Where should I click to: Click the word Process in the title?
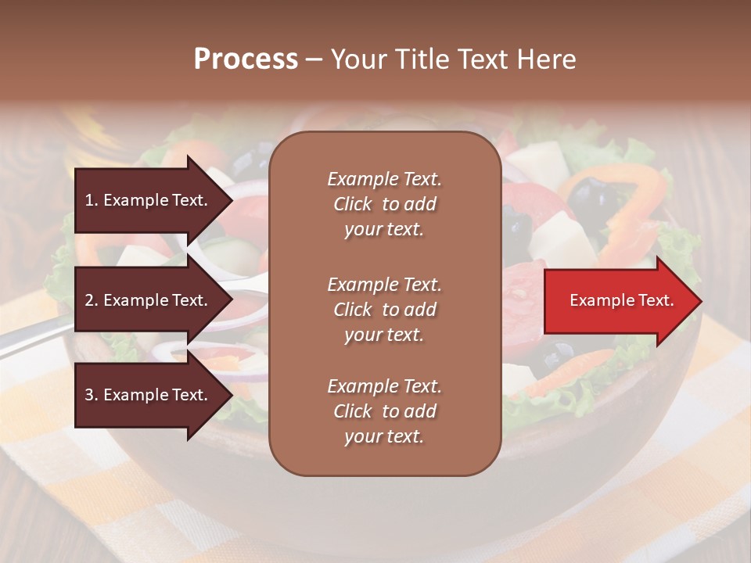coord(246,59)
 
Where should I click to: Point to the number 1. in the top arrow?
coord(91,200)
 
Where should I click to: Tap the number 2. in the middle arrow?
coord(91,300)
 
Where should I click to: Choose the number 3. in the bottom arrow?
coord(91,395)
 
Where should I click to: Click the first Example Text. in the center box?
coord(384,179)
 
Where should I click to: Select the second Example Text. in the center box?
coord(384,285)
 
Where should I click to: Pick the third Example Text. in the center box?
coord(384,386)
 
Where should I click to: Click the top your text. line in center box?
coord(384,230)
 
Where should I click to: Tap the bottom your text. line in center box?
coord(384,437)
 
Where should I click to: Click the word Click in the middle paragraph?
coord(353,310)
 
